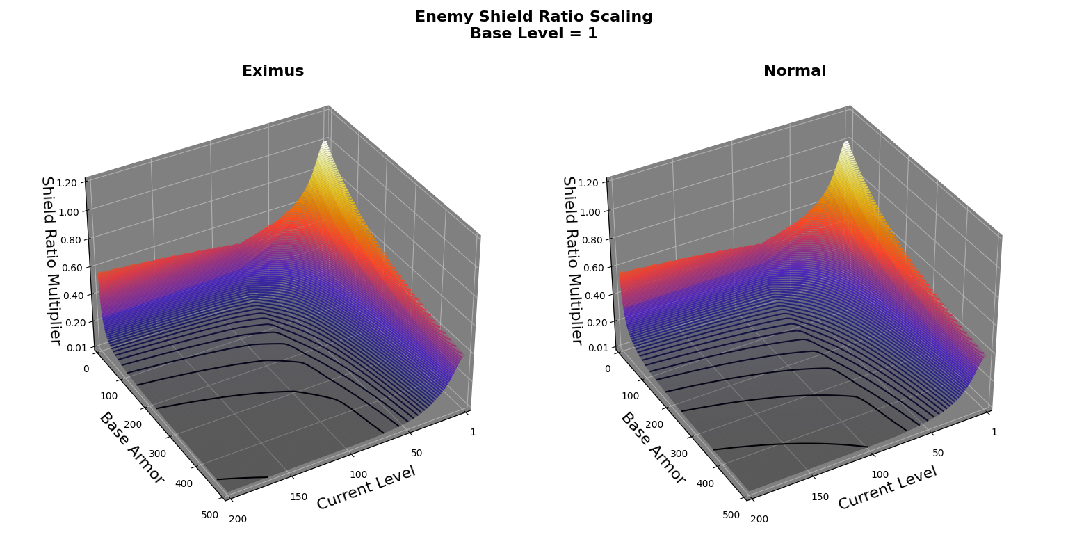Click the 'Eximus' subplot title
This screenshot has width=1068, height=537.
point(273,71)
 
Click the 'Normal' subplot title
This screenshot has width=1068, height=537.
point(794,71)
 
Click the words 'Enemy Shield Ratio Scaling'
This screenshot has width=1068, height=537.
point(533,17)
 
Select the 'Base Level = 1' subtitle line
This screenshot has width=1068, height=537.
point(533,33)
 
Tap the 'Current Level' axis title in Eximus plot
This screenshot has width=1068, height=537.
point(366,488)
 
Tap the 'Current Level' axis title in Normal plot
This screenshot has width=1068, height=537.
point(887,488)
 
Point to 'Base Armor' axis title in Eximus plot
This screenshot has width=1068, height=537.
point(131,448)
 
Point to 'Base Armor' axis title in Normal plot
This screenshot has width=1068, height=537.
point(653,448)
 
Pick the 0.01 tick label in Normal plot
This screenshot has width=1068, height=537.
point(592,347)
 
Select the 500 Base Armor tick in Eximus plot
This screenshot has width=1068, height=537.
point(209,515)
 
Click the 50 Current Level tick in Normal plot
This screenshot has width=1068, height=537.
point(938,453)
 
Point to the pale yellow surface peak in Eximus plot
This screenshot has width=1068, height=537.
point(325,144)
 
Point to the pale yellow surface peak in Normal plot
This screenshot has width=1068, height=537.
point(846,144)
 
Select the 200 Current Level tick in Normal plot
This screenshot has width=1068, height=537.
point(759,519)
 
